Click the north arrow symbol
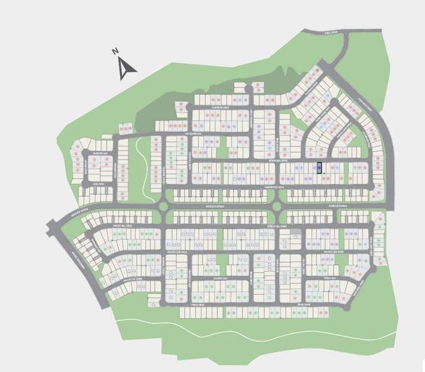pos(127,68)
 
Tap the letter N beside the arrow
pos(115,52)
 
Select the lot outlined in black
pos(320,167)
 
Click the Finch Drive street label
pos(197,304)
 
